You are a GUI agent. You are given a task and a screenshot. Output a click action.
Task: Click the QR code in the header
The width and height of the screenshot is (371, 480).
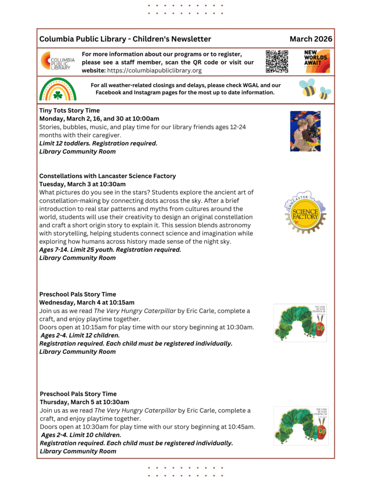coord(277,61)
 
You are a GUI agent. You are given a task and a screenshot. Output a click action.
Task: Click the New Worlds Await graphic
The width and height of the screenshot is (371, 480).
coord(317,61)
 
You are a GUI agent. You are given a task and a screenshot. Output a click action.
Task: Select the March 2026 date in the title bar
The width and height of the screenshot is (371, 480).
coord(310,39)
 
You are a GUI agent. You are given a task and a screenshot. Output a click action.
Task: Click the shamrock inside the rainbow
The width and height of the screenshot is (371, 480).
coord(58,95)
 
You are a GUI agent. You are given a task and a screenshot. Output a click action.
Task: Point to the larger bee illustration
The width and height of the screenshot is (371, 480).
coord(309,88)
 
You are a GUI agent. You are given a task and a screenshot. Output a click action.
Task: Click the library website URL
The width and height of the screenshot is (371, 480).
coord(154,71)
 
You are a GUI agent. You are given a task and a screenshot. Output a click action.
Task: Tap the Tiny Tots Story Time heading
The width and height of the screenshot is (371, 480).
coord(69,111)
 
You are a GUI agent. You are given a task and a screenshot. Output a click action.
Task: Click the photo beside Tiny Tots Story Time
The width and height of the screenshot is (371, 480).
coord(305,131)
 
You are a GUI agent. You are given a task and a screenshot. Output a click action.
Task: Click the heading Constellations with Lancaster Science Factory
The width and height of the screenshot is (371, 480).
coord(107,176)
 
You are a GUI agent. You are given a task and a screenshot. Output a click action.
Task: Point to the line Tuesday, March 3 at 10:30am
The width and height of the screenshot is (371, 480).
coord(83,184)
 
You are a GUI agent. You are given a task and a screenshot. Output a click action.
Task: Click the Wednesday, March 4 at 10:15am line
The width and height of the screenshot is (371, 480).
coord(87,302)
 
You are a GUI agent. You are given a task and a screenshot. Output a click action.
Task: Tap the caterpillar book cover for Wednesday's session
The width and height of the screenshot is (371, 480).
coord(300,322)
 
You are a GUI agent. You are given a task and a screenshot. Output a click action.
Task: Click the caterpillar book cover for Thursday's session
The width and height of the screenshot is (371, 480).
coord(301,426)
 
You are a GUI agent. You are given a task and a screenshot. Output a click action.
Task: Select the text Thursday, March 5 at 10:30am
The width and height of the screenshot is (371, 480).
coord(84,402)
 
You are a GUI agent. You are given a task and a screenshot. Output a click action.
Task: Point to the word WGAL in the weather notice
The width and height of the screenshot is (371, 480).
coord(246,85)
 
